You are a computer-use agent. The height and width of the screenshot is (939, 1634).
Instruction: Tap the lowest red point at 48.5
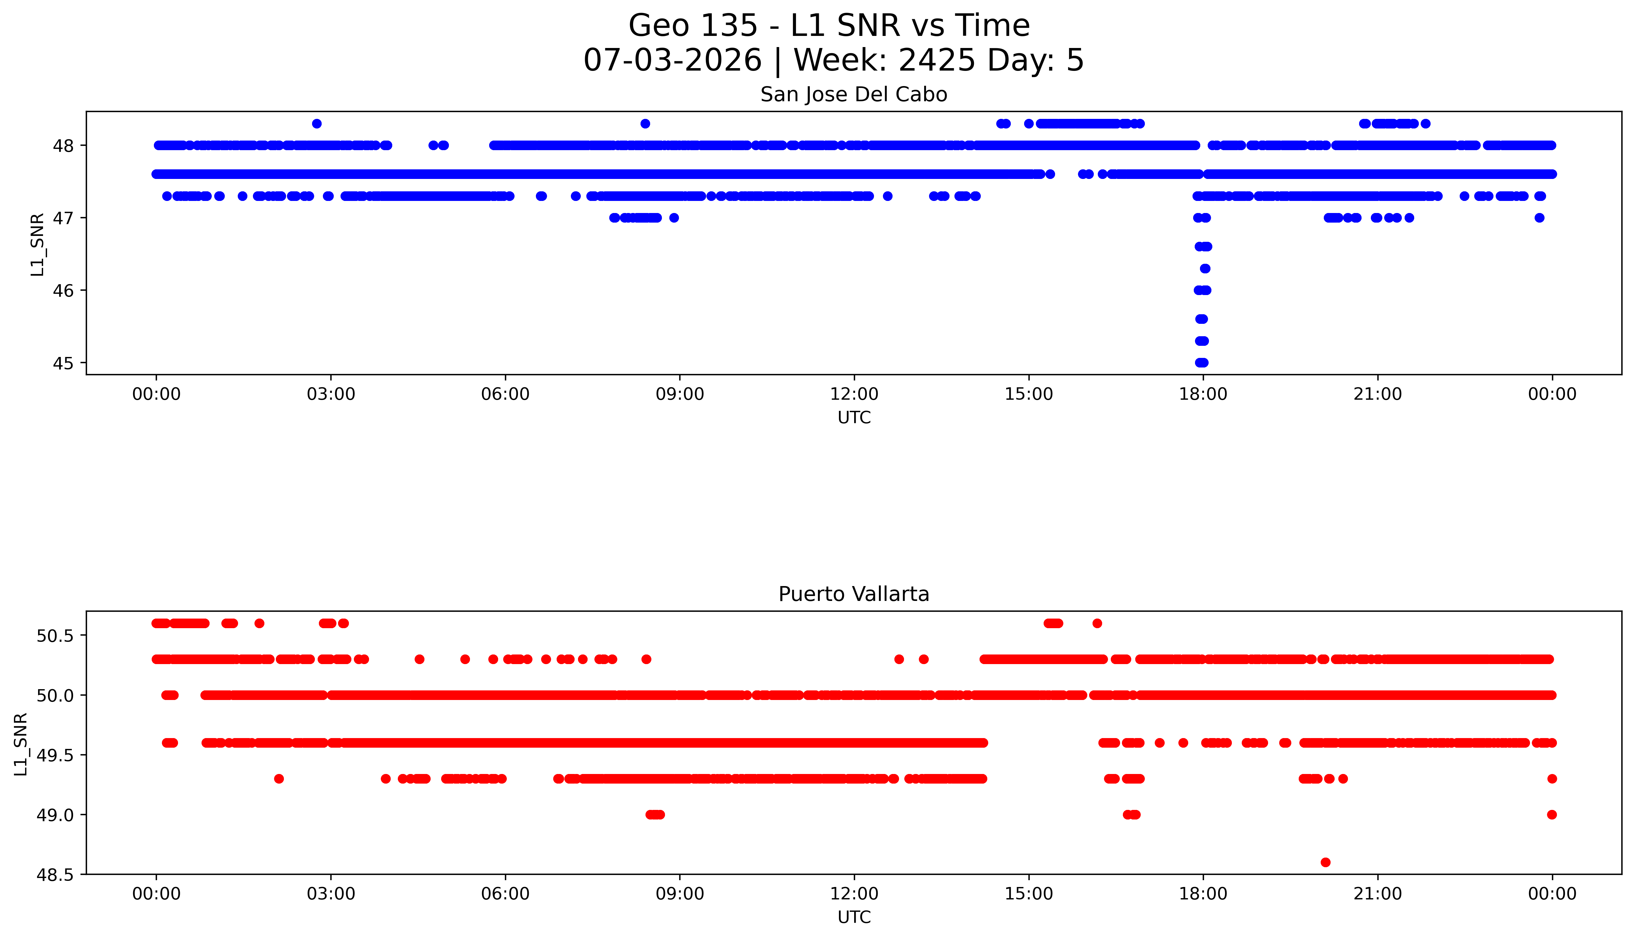(1325, 862)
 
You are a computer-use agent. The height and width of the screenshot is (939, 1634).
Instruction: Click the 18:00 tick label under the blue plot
(1203, 394)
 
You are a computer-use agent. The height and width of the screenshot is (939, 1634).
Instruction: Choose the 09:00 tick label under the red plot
(680, 894)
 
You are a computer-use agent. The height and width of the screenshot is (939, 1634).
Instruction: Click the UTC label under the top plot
(854, 418)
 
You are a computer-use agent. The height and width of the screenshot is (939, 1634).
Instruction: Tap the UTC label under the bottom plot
(854, 917)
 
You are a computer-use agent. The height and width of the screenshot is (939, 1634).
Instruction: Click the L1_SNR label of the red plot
(21, 744)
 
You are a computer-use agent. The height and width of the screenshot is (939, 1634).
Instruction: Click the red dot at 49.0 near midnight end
(1551, 815)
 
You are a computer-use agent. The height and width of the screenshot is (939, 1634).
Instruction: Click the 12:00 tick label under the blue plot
(854, 394)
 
